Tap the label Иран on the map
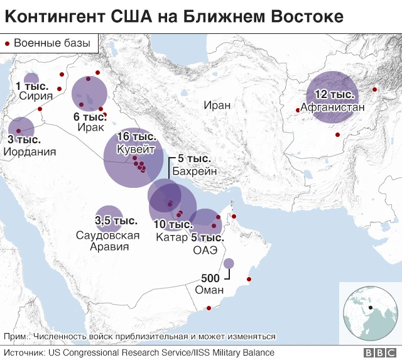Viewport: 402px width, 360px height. coord(217,105)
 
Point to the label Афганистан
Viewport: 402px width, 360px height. coord(332,107)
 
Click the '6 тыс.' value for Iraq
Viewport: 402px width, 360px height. coord(89,116)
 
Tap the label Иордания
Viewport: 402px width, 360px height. coord(30,151)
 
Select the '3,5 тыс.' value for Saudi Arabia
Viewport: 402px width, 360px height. coord(116,221)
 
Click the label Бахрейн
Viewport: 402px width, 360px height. coord(194,170)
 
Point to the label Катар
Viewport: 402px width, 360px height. coord(172,237)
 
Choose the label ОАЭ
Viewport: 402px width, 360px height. coord(205,249)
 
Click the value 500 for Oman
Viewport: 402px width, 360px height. coord(210,278)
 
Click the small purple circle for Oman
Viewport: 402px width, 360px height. coord(229,264)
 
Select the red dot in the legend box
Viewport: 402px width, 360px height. coord(8,43)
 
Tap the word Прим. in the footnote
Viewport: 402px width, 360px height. coord(16,337)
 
